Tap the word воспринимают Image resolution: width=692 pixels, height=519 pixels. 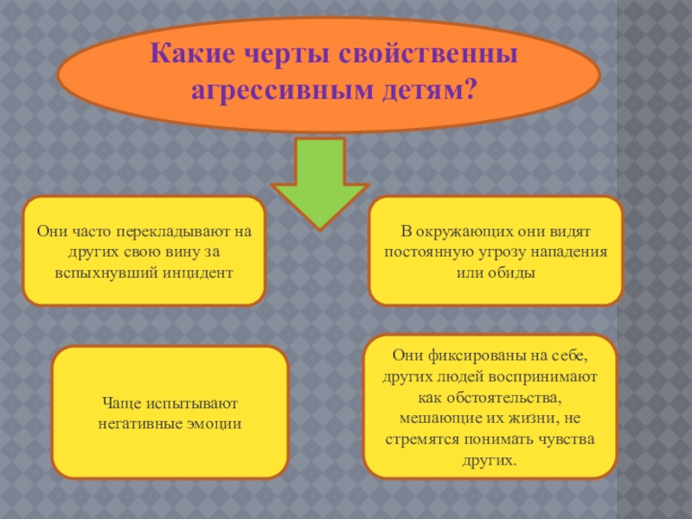(x=548, y=376)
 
